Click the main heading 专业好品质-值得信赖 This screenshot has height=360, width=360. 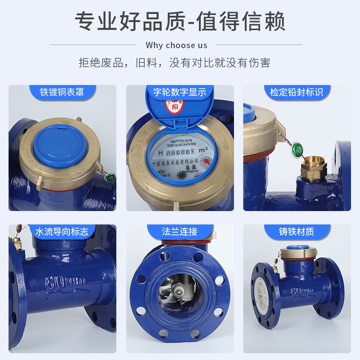click(x=180, y=21)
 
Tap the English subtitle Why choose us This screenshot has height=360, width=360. click(x=176, y=45)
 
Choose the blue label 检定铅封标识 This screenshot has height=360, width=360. click(x=297, y=93)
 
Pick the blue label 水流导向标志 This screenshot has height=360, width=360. click(x=62, y=232)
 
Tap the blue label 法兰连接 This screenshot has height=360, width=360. click(x=180, y=232)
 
